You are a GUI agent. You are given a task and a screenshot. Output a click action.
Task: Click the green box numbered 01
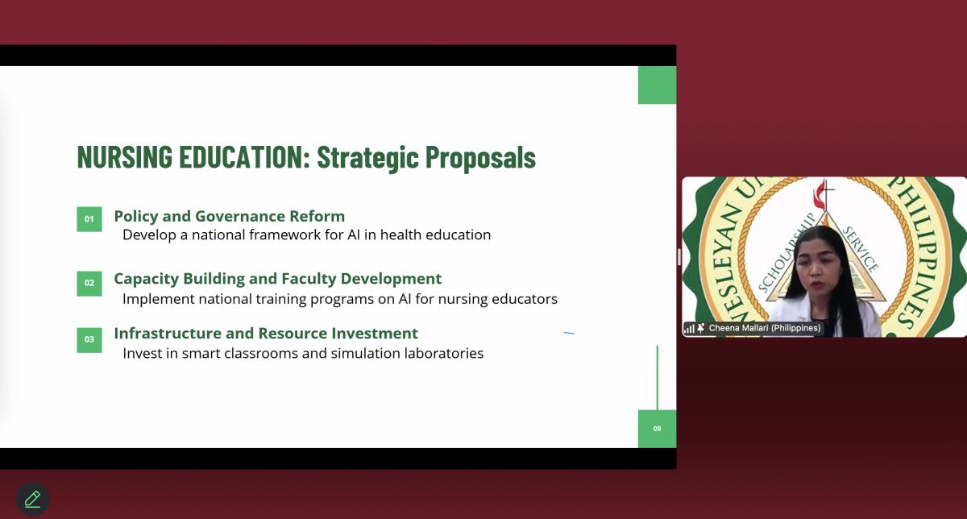coord(89,219)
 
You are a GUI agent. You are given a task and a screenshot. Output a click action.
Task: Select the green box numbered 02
coord(89,283)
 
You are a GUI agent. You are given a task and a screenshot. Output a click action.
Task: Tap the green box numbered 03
coord(89,340)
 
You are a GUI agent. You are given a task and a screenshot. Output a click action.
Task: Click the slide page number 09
coord(657,429)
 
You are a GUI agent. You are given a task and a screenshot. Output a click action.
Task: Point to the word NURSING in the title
coord(125,156)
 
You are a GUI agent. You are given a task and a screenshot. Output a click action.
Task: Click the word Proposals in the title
coord(480,158)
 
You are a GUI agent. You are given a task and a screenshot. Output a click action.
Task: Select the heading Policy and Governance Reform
coord(229,216)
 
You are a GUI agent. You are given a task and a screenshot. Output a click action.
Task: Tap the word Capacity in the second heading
coord(147,279)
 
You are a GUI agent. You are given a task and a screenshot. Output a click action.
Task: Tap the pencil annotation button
coord(32,499)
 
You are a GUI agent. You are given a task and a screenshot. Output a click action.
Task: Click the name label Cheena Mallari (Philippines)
coord(765,328)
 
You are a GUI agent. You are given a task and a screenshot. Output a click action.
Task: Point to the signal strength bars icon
coord(690,329)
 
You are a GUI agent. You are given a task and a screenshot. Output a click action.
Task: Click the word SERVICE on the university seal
coord(861,250)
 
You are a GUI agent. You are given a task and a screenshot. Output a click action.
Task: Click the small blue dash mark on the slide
coord(569,333)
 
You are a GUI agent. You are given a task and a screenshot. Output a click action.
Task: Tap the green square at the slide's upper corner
coord(657,85)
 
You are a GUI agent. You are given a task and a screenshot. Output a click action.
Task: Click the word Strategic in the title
coord(367,158)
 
